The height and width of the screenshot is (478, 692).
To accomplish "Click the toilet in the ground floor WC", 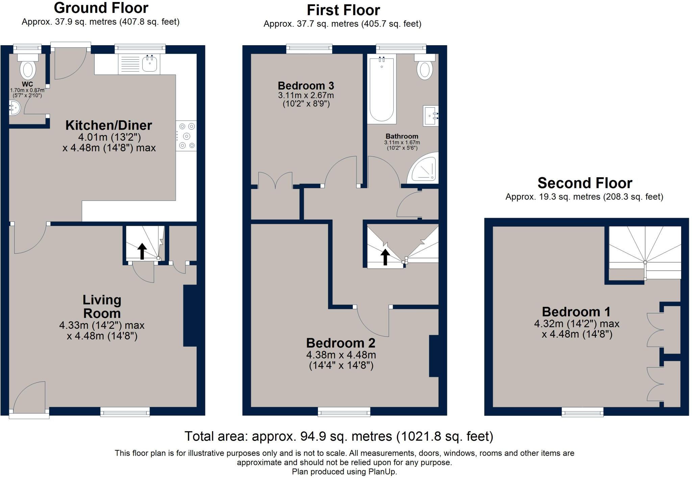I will click(x=28, y=69).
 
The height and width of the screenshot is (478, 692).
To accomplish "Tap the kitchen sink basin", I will click(x=149, y=64).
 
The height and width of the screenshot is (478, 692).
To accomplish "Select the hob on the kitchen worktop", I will click(x=186, y=136).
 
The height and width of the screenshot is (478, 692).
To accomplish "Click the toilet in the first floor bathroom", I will click(x=425, y=69).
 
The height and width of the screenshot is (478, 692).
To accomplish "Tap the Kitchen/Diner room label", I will click(x=108, y=125).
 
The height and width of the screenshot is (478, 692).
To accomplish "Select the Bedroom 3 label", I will click(x=306, y=85).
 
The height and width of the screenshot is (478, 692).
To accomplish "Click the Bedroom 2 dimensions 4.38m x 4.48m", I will click(x=341, y=355).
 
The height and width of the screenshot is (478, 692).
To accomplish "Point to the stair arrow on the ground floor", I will click(x=142, y=251).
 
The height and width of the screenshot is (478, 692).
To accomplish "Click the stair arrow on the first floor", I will click(x=385, y=257).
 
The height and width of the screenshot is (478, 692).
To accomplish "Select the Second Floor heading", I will click(x=585, y=183).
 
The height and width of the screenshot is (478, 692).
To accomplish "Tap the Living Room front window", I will click(x=125, y=411).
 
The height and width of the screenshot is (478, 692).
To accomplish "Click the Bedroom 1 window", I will click(x=583, y=411).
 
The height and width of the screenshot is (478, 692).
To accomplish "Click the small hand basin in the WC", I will click(x=15, y=108).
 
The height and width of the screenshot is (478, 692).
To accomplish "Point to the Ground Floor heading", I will click(x=101, y=8).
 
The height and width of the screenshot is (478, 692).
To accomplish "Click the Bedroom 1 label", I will click(x=576, y=312).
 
